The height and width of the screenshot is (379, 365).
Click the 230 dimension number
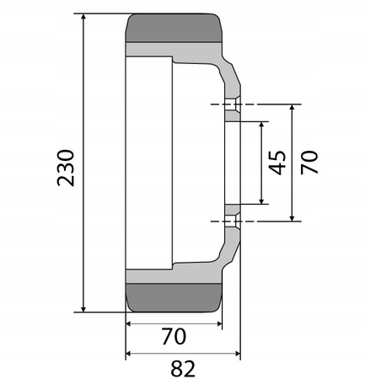coord(67,167)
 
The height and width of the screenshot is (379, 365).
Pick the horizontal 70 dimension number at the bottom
coord(173,337)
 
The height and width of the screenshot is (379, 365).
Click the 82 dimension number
coord(183,368)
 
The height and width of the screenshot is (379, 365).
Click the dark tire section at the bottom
coord(174,297)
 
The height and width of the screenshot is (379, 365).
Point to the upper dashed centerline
coord(253,104)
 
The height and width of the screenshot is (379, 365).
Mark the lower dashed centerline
coord(253,222)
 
